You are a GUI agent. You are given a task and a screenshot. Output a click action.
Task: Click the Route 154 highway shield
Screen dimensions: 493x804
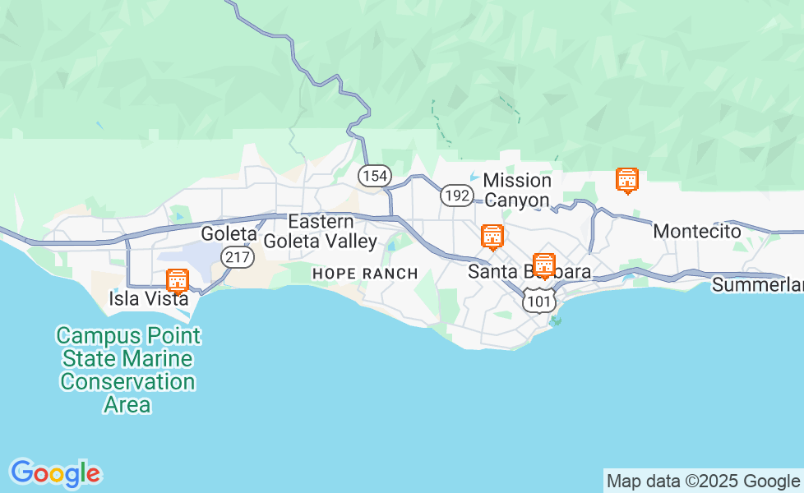[374, 175]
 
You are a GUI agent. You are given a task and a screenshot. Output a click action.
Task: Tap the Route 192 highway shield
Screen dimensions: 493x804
[456, 196]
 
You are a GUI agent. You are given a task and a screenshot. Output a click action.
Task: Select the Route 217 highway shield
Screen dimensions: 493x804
[238, 257]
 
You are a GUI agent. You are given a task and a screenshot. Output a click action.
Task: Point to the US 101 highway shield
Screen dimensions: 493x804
[538, 301]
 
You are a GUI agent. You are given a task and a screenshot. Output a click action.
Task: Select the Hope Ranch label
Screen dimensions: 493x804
[365, 274]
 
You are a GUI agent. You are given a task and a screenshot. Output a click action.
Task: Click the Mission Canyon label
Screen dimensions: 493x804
[517, 190]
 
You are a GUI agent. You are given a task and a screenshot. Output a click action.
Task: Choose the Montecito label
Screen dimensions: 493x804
[697, 232]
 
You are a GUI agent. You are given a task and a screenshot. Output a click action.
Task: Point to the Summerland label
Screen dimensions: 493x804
[756, 285]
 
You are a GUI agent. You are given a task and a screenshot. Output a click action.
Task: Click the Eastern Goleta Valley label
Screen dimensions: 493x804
[321, 232]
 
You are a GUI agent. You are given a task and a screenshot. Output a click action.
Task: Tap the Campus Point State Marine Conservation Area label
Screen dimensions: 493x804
[127, 370]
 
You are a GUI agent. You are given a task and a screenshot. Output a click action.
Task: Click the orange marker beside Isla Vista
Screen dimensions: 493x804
[177, 281]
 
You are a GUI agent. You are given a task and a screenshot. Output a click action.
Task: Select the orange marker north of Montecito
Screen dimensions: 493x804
[627, 180]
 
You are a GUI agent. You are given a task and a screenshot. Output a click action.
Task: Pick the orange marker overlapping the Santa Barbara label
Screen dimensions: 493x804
[543, 265]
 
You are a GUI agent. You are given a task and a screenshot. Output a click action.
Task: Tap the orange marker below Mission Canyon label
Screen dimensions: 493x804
[492, 237]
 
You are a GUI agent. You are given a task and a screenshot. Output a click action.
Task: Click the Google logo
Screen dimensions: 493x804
[55, 473]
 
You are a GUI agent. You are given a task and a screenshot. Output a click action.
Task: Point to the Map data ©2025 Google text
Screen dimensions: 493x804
[703, 481]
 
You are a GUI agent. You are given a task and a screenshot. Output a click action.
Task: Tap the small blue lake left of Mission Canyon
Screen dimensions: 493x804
[474, 177]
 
